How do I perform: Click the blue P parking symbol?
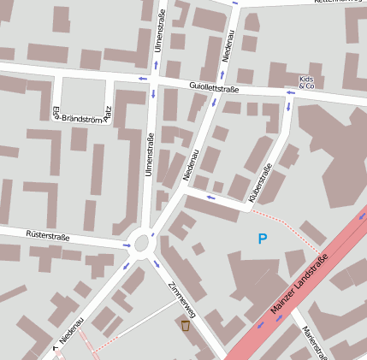pyautogui.click(x=263, y=240)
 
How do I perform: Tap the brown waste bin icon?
pyautogui.click(x=186, y=325)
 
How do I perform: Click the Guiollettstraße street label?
pyautogui.click(x=214, y=87)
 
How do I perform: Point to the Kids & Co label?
pyautogui.click(x=307, y=82)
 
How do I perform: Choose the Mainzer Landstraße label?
pyautogui.click(x=299, y=285)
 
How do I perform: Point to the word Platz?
pyautogui.click(x=108, y=114)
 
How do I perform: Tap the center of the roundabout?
pyautogui.click(x=142, y=245)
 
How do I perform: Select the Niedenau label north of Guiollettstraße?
pyautogui.click(x=227, y=43)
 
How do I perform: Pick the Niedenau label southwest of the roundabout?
pyautogui.click(x=71, y=333)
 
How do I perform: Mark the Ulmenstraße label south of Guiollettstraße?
pyautogui.click(x=149, y=156)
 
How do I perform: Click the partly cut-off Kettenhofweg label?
pyautogui.click(x=332, y=3)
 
